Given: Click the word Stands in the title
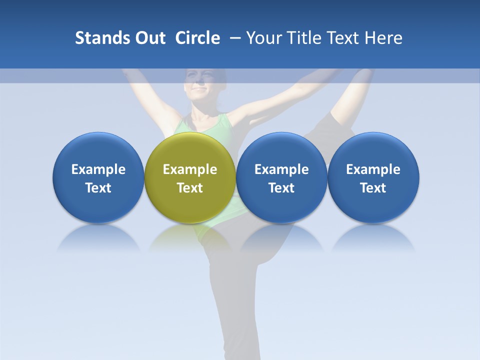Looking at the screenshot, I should (98, 38).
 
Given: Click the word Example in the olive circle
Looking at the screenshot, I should (190, 169).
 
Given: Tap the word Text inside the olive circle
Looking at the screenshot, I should (190, 188).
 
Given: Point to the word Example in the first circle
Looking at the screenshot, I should (98, 169).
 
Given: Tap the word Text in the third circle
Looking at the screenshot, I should (281, 188).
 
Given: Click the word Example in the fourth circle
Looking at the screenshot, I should (373, 169).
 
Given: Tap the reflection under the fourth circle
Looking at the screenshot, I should (373, 237).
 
